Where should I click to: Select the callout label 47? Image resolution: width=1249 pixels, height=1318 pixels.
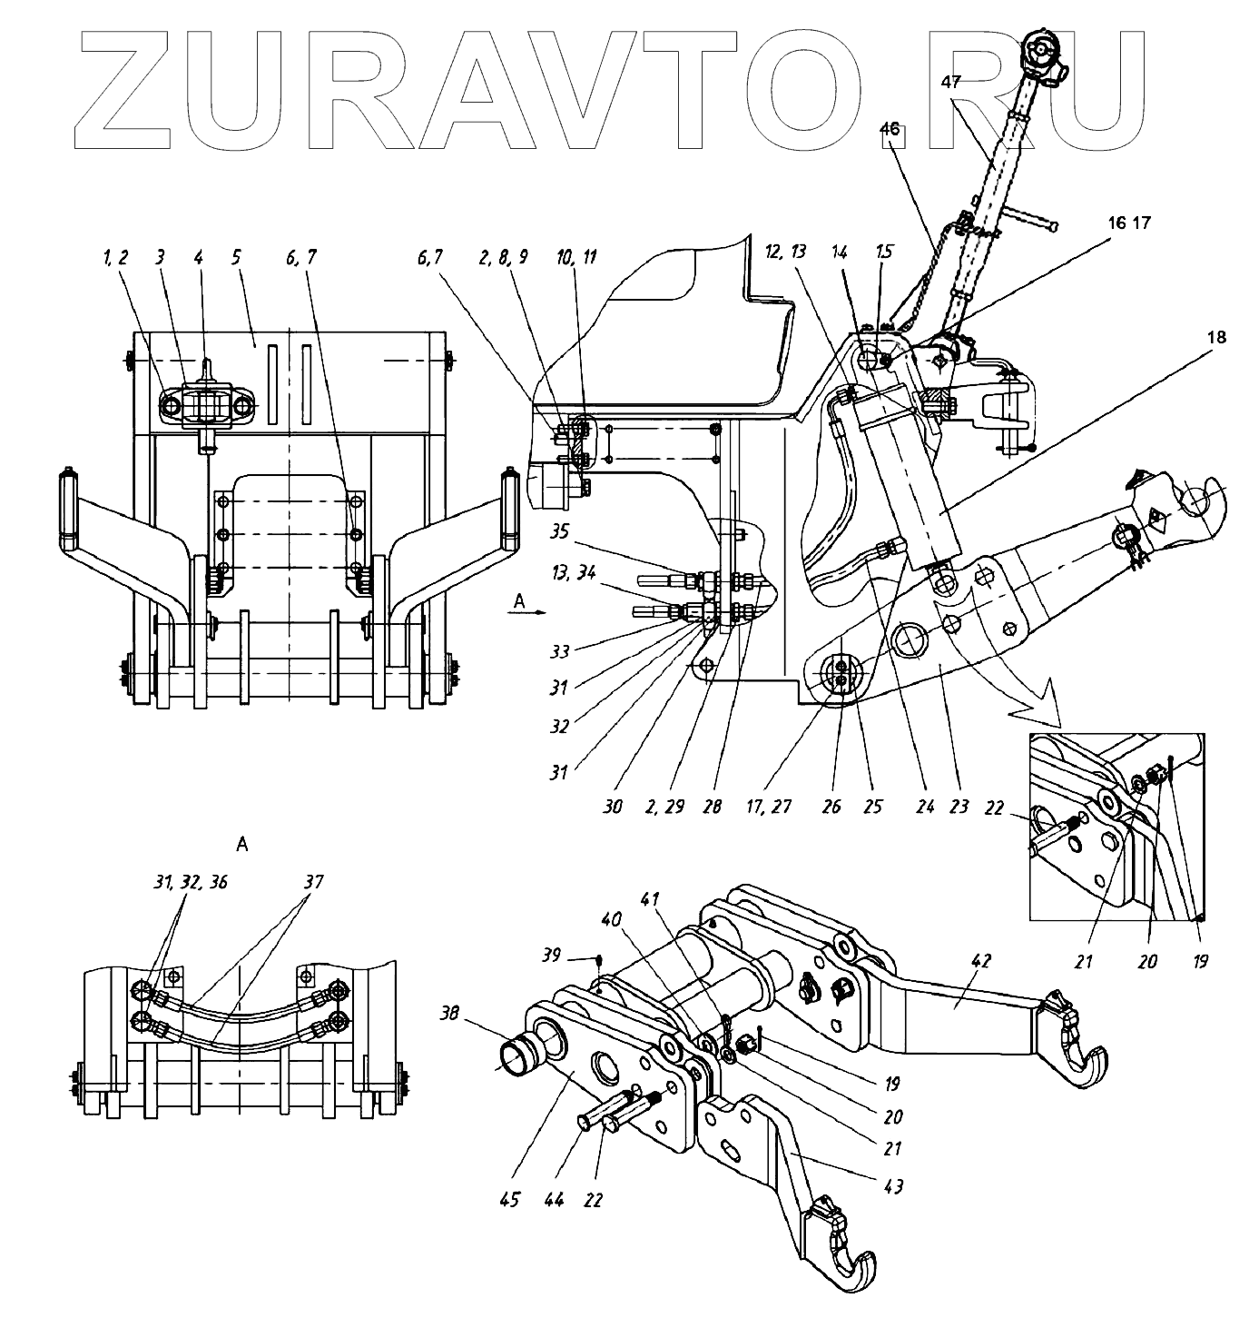click(950, 81)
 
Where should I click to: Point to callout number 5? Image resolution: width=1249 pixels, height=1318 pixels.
click(236, 258)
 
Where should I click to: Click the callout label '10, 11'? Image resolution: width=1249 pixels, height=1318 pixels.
click(577, 258)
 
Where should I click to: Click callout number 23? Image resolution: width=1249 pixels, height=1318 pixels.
click(959, 805)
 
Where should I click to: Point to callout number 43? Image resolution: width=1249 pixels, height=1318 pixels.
click(892, 1185)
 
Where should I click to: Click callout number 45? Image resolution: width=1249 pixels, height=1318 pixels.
click(509, 1200)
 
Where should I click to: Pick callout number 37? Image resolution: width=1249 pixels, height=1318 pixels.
click(313, 881)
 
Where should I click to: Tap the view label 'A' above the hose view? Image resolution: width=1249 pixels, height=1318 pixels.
click(241, 844)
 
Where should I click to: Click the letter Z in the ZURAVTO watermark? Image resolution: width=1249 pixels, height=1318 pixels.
click(136, 91)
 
